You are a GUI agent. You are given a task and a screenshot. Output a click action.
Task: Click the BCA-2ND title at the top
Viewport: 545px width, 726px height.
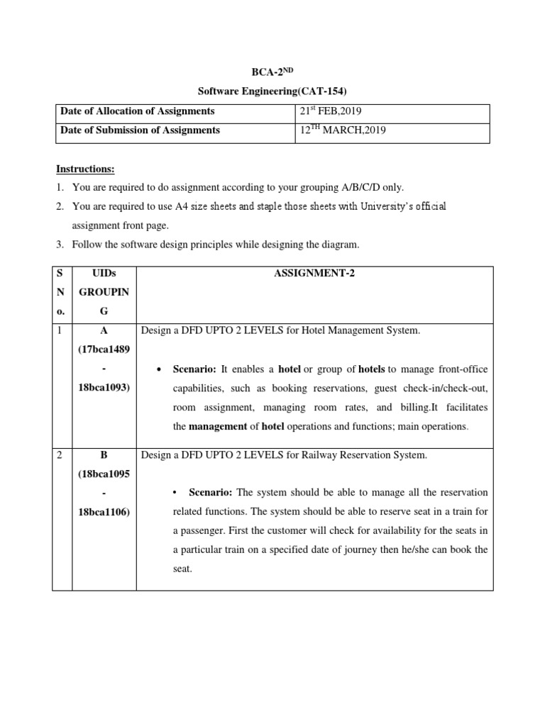[x=272, y=72]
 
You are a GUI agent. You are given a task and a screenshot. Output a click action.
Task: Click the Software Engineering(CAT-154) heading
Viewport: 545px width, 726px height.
[x=272, y=91]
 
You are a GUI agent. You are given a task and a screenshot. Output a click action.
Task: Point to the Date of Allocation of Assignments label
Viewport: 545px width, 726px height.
[x=138, y=111]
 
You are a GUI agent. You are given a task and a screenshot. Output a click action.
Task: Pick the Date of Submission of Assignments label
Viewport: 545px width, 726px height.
[x=141, y=130]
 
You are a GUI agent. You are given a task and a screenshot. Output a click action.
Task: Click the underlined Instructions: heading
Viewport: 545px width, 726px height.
[x=85, y=169]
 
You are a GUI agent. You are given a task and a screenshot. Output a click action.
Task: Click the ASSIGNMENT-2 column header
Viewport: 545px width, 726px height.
[x=314, y=274]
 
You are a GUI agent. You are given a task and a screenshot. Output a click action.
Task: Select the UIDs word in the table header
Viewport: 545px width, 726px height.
[x=104, y=274]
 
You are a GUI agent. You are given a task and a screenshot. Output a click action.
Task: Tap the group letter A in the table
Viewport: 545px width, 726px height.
[x=104, y=331]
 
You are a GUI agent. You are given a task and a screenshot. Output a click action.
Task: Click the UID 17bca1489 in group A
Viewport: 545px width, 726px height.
[x=104, y=350]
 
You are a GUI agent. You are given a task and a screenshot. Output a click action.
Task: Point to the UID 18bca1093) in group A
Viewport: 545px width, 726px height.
[x=104, y=389]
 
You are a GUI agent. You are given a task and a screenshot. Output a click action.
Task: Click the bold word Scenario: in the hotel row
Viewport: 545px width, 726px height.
[x=195, y=369]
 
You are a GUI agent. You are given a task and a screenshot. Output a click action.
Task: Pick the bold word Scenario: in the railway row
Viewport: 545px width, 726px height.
[x=211, y=493]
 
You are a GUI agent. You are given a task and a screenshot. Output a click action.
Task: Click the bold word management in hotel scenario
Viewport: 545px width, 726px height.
[x=216, y=427]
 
